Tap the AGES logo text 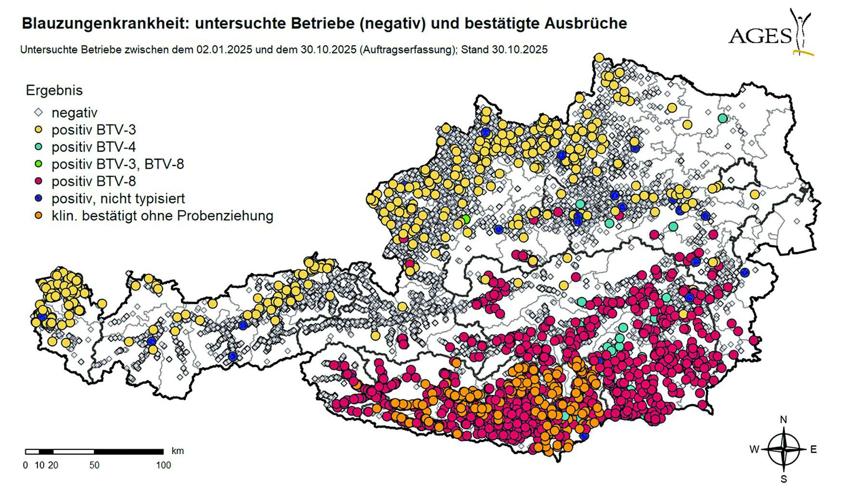pos(760,36)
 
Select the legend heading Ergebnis pos(54,90)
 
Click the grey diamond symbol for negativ pos(39,113)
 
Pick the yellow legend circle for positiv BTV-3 pos(39,130)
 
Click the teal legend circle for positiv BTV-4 pos(39,147)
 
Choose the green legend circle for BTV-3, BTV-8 pos(39,164)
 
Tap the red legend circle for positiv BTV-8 pos(39,181)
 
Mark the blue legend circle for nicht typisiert pos(39,198)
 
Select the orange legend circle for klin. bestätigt pos(39,216)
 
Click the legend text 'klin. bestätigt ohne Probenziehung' pos(162,216)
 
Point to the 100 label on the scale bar pos(163,465)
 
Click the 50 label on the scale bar pos(94,465)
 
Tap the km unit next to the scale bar pos(177,451)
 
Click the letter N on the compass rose pos(783,420)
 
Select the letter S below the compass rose pos(784,479)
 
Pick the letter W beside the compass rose pos(754,449)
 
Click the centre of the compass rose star pos(784,449)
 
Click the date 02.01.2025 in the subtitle pos(224,50)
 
